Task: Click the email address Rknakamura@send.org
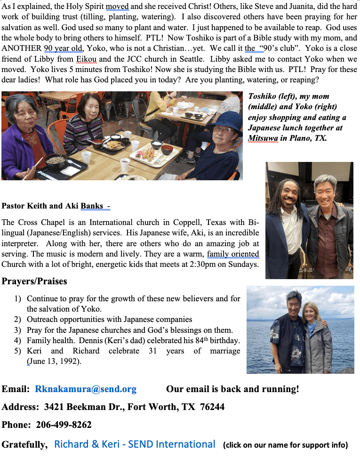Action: [x=86, y=389]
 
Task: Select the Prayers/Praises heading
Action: [x=34, y=281]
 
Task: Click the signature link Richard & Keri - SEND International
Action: [x=135, y=444]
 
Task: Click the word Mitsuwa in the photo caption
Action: [x=263, y=138]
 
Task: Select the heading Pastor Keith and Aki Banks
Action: [x=56, y=206]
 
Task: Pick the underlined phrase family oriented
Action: [x=233, y=254]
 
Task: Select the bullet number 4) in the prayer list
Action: [x=17, y=340]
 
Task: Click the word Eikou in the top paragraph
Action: [x=86, y=59]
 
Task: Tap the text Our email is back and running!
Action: [x=232, y=389]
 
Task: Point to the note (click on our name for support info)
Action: [x=285, y=445]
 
